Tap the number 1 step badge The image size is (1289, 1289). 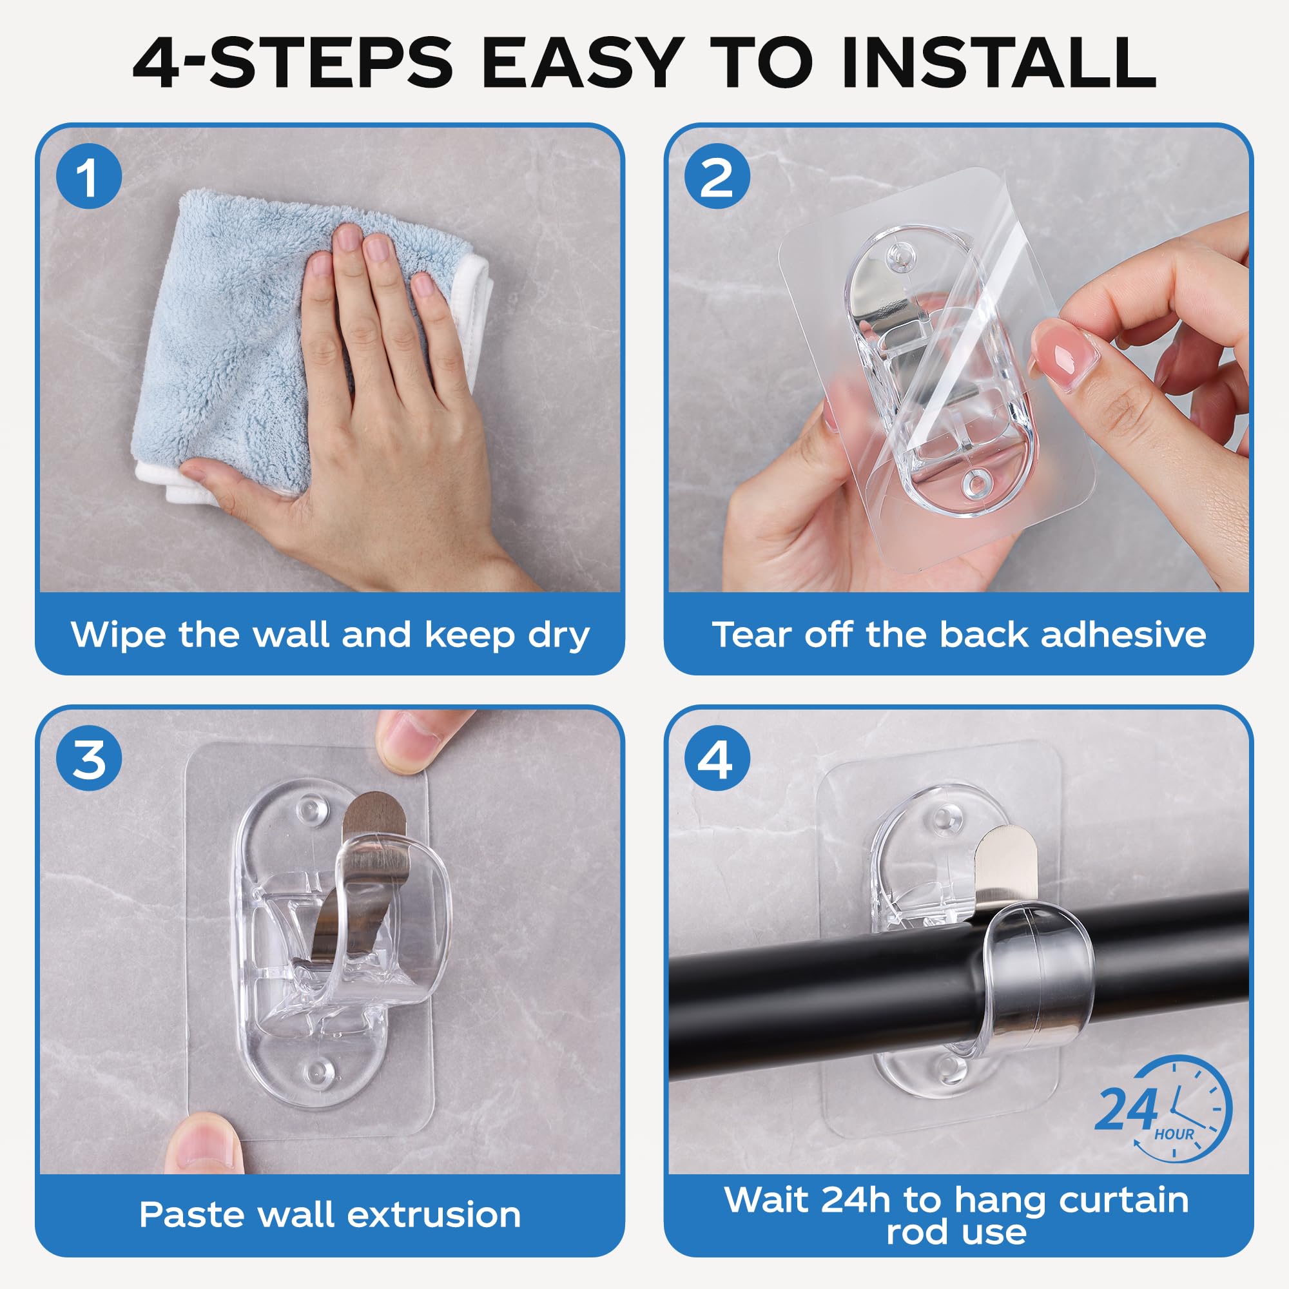point(89,177)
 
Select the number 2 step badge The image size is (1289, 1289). point(717,177)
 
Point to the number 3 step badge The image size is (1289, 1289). point(89,759)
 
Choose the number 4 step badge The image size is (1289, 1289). point(717,759)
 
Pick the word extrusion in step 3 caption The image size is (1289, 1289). point(434,1214)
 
